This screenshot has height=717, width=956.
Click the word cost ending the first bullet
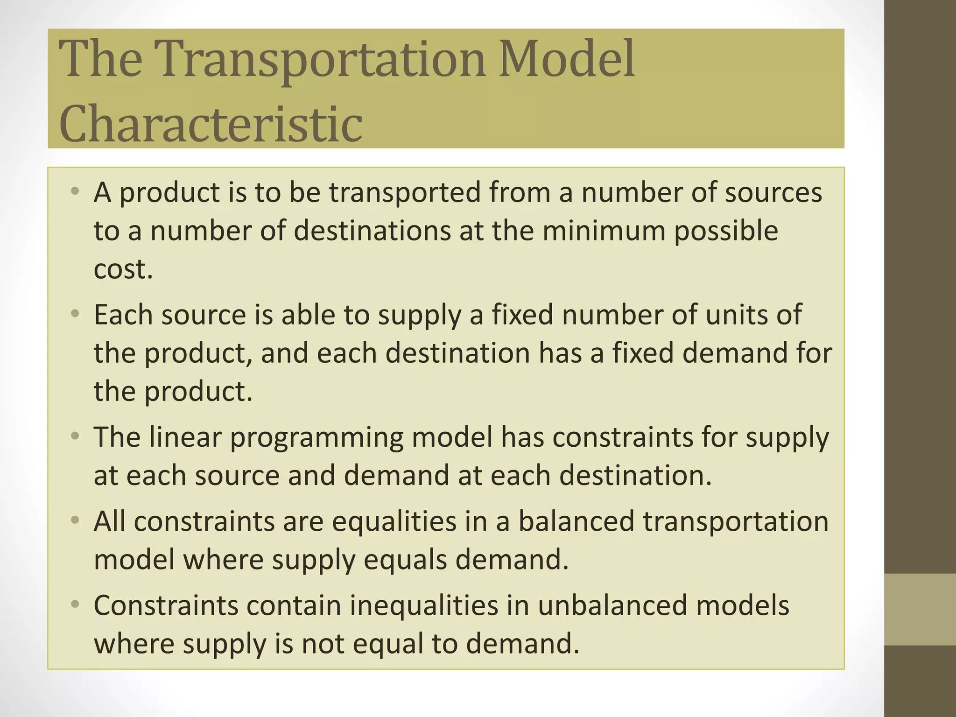(123, 269)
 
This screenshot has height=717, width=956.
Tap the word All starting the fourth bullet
(110, 521)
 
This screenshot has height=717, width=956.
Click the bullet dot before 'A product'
(75, 192)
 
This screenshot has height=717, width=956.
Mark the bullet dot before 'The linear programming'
(75, 437)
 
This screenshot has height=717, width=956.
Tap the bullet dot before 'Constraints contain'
(75, 605)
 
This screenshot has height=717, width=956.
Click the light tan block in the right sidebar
(920, 609)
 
